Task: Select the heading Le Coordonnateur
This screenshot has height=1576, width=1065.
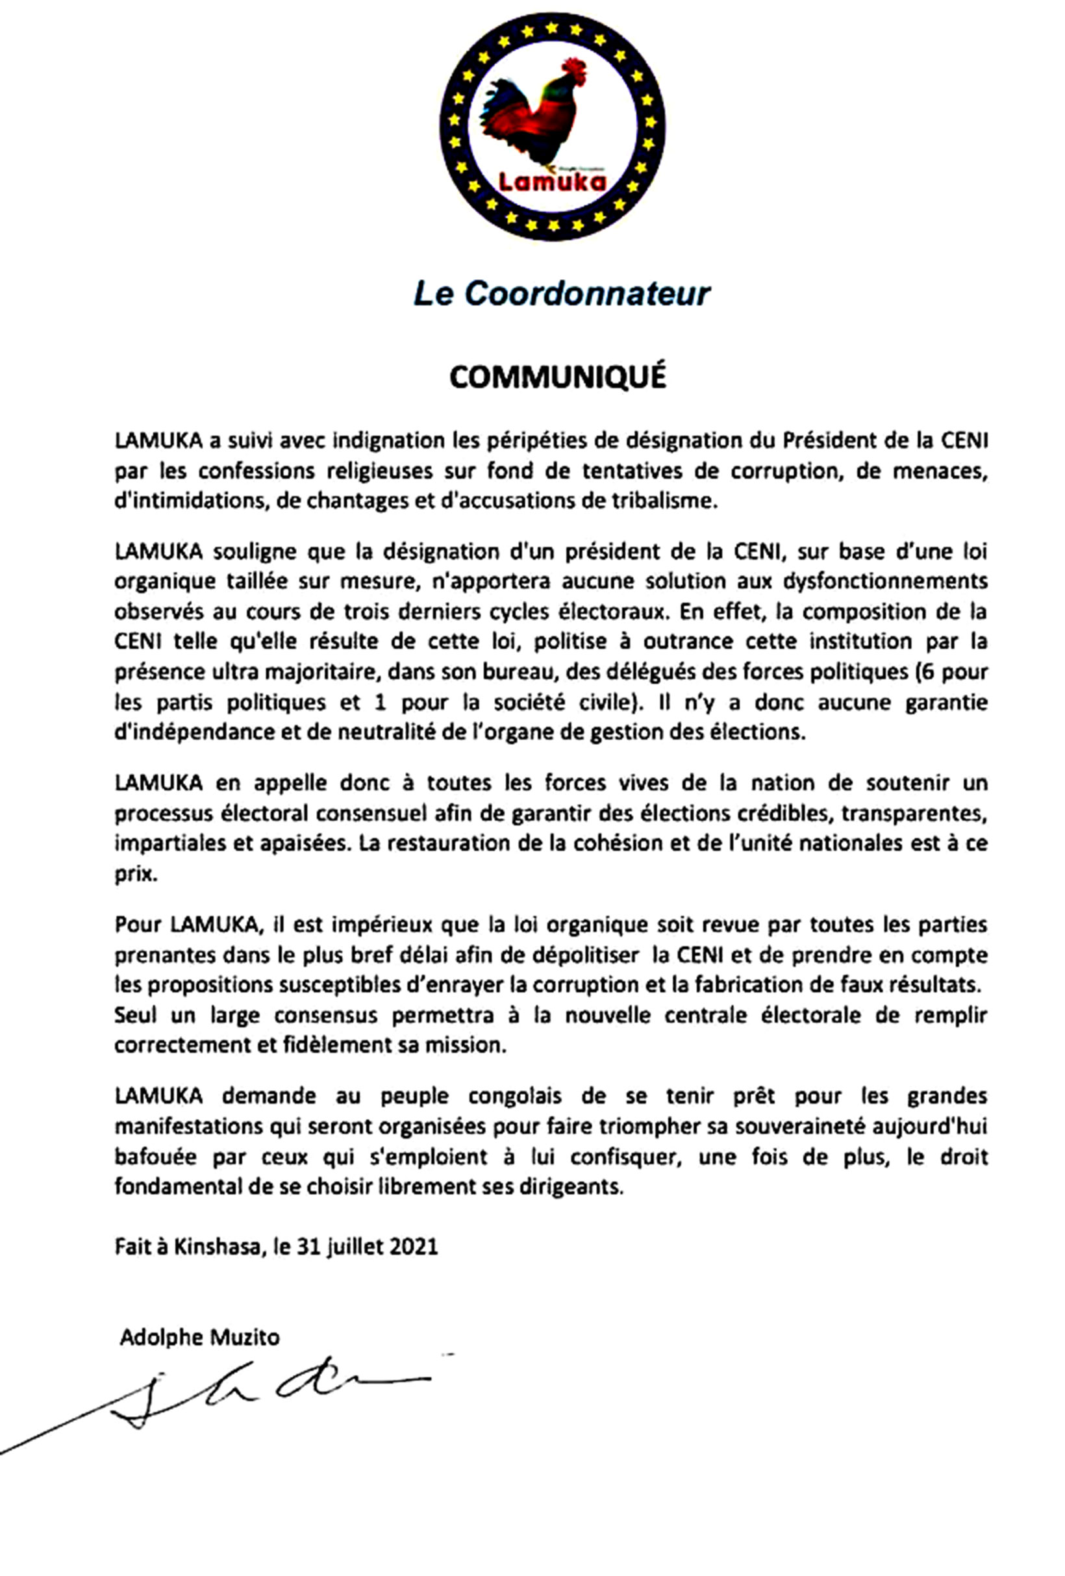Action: pos(562,294)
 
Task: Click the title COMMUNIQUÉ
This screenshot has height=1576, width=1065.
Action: pos(558,377)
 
